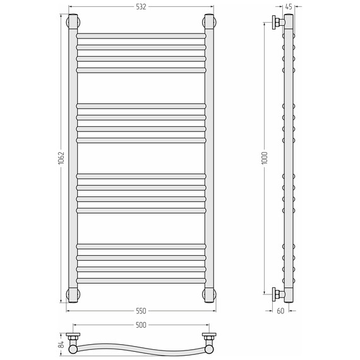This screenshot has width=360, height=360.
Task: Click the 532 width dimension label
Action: coord(141,7)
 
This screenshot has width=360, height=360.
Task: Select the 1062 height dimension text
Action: coord(61,158)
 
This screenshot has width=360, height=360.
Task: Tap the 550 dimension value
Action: coord(141,311)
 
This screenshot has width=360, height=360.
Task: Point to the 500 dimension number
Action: coord(141,325)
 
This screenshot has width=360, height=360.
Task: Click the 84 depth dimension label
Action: coord(61,344)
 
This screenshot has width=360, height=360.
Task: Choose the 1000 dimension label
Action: coord(265,158)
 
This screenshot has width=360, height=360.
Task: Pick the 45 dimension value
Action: coord(289,7)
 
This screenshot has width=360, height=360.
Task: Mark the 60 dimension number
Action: coord(280,311)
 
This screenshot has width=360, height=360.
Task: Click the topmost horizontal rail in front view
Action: coord(141,36)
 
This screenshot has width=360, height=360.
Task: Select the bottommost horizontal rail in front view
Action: coord(141,280)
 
